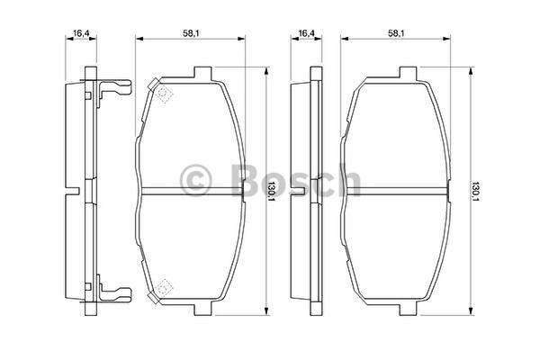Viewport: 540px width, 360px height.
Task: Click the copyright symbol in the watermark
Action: coord(195,180)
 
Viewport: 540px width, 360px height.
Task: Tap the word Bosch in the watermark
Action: coord(295,180)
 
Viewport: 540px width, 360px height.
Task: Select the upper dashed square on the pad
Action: coord(165,94)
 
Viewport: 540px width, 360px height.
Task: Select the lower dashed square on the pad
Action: coord(165,286)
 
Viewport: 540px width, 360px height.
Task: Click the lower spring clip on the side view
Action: coord(114,291)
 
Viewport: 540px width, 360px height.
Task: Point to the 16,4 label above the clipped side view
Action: coord(81,32)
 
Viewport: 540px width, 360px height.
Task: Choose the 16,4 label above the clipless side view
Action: coord(306,32)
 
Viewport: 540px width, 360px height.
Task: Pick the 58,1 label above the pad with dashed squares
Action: coord(192,32)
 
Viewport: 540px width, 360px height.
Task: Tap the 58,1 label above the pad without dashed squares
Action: coord(396,32)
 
